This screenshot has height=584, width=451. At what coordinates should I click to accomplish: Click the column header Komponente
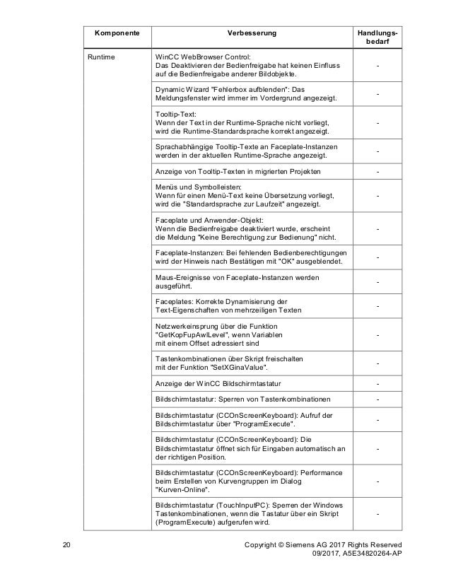(x=112, y=33)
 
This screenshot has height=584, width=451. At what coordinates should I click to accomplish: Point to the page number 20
(x=67, y=544)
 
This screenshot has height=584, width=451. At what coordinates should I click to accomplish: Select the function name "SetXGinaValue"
(x=238, y=368)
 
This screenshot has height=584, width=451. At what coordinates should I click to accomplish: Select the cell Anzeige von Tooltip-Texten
(x=237, y=171)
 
